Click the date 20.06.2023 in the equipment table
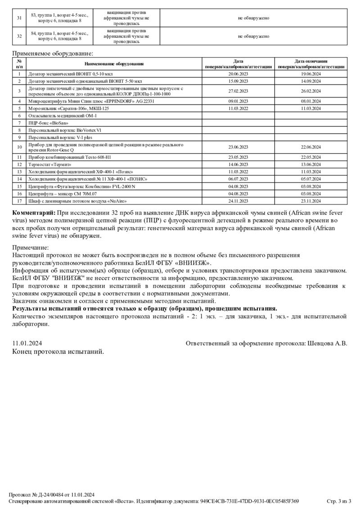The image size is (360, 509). point(238,74)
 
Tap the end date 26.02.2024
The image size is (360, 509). point(310,91)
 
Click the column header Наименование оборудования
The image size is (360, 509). point(114,64)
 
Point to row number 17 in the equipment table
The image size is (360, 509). point(19,201)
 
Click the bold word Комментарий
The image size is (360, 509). point(34,212)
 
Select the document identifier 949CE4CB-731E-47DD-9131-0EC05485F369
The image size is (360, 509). point(250,501)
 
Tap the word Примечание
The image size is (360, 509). point(30,247)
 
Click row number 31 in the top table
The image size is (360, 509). point(19,18)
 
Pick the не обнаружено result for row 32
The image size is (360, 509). point(253,36)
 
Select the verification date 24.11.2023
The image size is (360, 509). point(238,201)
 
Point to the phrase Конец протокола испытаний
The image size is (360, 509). point(58,352)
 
